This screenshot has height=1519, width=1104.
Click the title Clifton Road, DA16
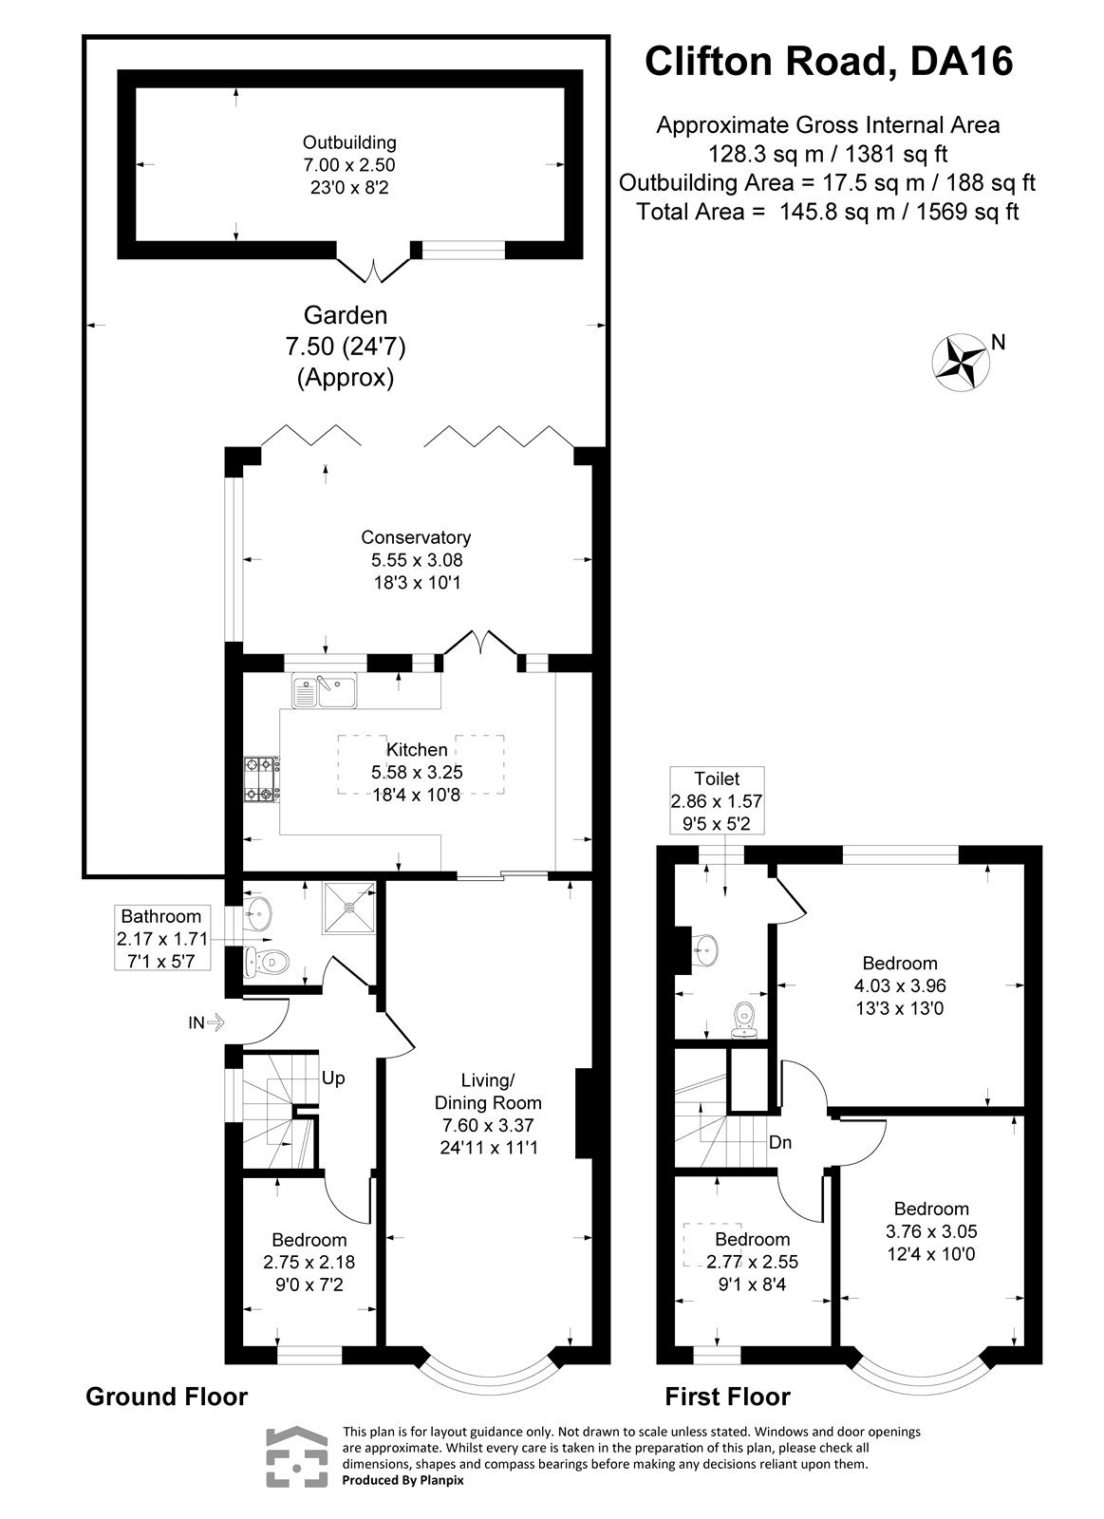(x=829, y=62)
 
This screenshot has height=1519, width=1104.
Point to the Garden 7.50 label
(x=346, y=347)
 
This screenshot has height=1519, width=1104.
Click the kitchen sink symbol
(x=324, y=691)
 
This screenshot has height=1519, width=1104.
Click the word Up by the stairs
(x=332, y=1078)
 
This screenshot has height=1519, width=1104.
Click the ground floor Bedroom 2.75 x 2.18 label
(x=309, y=1262)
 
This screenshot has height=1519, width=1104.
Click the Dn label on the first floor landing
(x=780, y=1143)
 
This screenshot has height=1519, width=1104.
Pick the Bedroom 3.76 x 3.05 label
(x=931, y=1231)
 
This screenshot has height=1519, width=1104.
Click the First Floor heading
(x=726, y=1397)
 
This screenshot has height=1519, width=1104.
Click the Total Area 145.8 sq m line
(x=828, y=212)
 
